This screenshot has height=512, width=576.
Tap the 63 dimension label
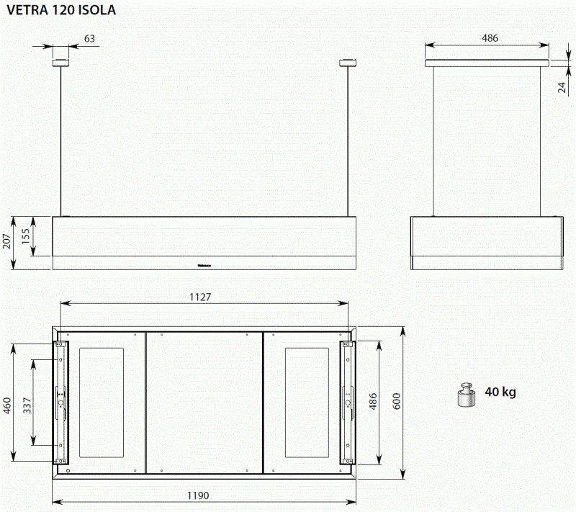point(89,39)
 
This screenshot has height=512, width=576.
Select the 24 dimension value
point(562,87)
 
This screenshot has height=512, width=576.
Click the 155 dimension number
point(27,236)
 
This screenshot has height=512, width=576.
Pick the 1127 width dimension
point(201,297)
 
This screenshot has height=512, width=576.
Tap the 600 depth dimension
point(395,403)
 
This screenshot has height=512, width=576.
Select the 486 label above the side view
point(490,38)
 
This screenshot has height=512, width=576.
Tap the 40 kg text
point(500,392)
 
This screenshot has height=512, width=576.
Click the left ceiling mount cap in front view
point(59,63)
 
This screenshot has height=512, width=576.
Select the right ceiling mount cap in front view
point(348,63)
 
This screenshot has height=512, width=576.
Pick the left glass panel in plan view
point(101,403)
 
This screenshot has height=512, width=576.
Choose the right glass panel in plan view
point(306,403)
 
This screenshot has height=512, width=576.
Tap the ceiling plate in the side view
point(487,63)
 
